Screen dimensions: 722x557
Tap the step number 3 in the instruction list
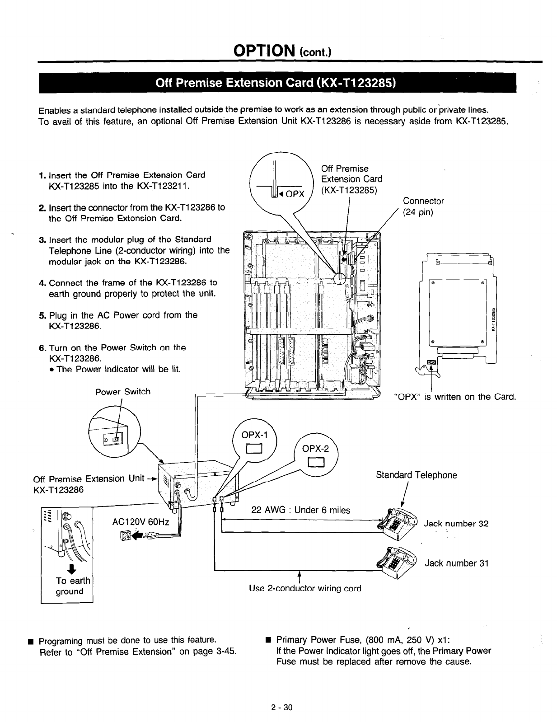42,239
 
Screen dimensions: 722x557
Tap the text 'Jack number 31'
456,563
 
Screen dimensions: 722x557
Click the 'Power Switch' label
122,392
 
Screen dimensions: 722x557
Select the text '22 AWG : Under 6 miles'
300,511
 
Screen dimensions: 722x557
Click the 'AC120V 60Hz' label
140,522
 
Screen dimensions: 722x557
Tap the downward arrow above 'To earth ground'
69,568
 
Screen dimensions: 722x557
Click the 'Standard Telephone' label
416,475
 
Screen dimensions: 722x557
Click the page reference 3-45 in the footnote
225,652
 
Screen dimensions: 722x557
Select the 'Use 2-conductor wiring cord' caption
305,589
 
